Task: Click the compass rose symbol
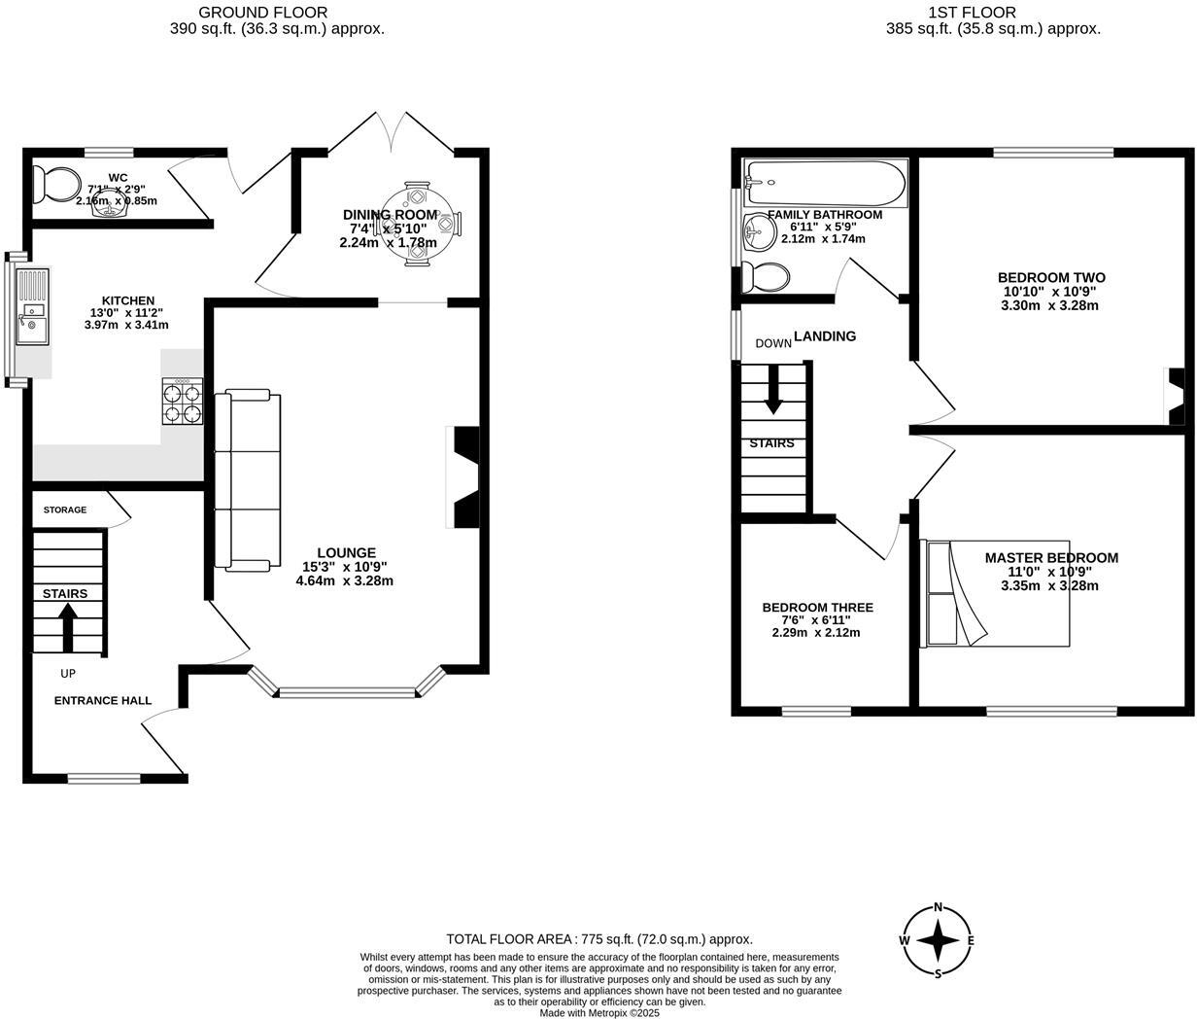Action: (938, 940)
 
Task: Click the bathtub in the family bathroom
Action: (825, 183)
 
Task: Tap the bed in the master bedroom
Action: (996, 592)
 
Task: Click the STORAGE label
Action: (64, 509)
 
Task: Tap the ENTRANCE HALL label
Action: (102, 700)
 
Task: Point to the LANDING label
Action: (825, 336)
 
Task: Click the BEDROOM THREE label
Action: (817, 608)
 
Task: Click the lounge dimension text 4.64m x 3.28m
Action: (344, 581)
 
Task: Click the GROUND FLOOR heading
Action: (262, 13)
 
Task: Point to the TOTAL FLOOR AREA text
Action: (599, 939)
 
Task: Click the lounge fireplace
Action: (463, 476)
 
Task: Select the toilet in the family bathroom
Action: (765, 276)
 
